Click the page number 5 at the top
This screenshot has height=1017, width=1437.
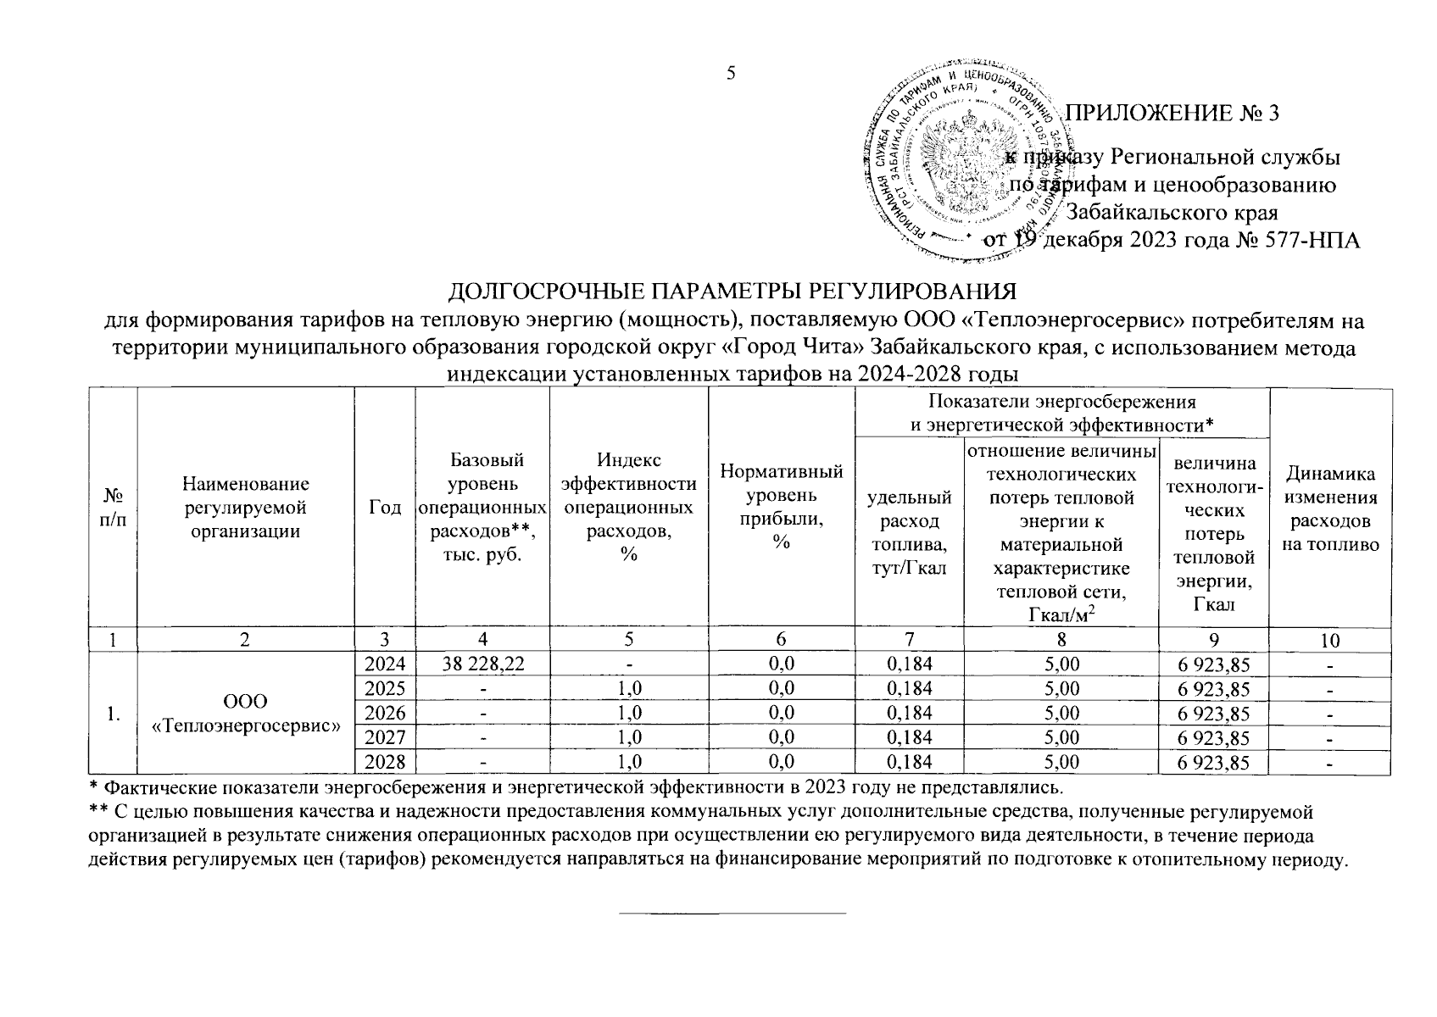(x=730, y=73)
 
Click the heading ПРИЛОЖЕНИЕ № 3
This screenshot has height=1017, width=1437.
(x=1171, y=113)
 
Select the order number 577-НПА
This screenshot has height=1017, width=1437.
(x=1306, y=241)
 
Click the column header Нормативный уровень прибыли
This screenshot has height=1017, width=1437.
(x=781, y=507)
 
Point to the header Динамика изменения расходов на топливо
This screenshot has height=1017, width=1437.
(x=1330, y=508)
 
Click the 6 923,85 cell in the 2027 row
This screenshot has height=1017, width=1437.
(x=1214, y=738)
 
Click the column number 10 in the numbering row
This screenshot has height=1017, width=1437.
(x=1330, y=640)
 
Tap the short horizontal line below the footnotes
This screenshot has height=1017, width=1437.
(x=732, y=913)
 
